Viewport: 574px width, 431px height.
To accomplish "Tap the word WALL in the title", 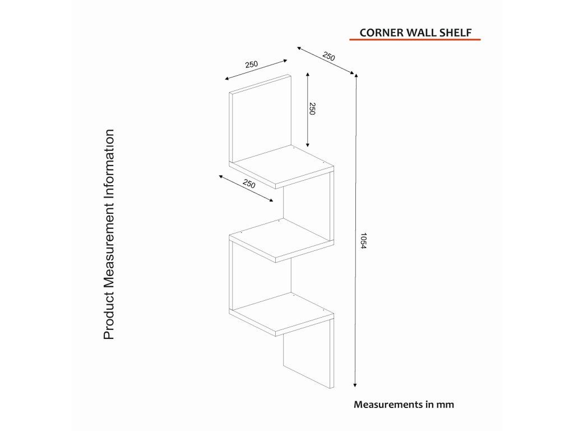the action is click(421, 32).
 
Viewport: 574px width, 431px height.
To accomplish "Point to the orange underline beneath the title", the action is click(415, 40).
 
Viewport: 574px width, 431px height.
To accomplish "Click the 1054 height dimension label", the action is click(363, 241).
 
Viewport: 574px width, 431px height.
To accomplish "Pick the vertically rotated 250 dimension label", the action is click(313, 109).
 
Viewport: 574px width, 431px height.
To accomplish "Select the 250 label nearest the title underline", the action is click(329, 56).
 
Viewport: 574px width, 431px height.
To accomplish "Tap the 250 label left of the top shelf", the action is click(249, 184).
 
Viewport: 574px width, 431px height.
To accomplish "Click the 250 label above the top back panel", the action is click(252, 65).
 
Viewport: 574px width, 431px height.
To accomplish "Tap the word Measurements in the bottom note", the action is click(387, 404).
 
